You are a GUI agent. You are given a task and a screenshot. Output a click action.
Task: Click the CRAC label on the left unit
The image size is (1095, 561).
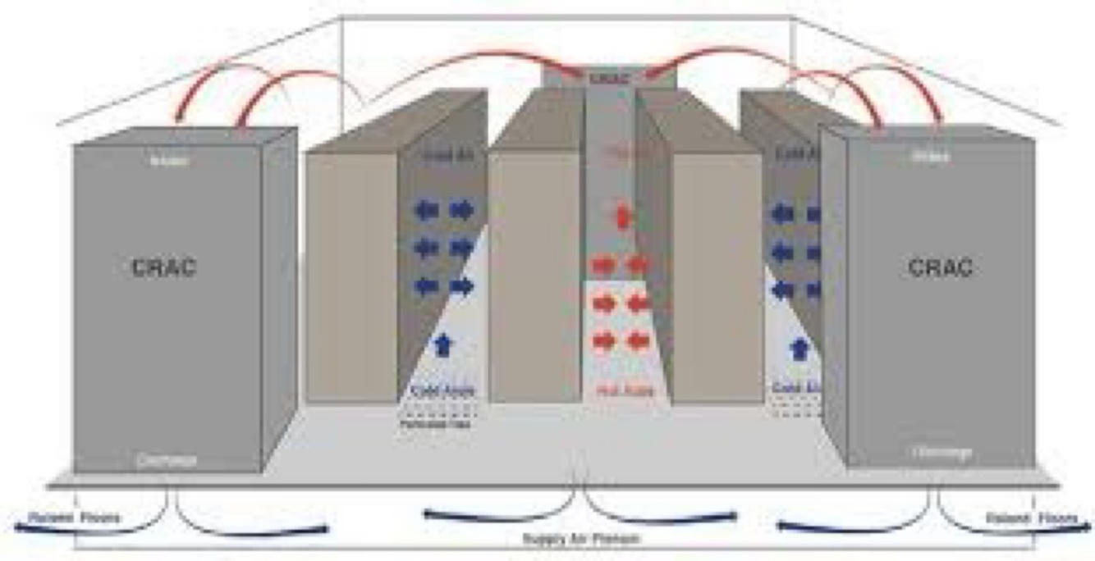(x=164, y=267)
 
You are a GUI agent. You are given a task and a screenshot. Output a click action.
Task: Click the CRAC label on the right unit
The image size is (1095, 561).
(x=940, y=267)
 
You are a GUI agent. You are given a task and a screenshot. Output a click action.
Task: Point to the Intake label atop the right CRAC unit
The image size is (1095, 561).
(x=930, y=156)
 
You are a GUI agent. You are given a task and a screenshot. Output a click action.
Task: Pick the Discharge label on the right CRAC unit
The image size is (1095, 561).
(x=941, y=452)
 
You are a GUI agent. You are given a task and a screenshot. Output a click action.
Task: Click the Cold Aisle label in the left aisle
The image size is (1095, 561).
(x=442, y=391)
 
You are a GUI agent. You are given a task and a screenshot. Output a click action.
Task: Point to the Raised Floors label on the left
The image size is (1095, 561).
(x=75, y=518)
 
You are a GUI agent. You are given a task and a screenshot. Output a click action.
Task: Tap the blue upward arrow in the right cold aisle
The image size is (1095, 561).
(x=796, y=348)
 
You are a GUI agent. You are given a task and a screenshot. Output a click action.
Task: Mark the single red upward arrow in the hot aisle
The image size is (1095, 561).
(x=623, y=217)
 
